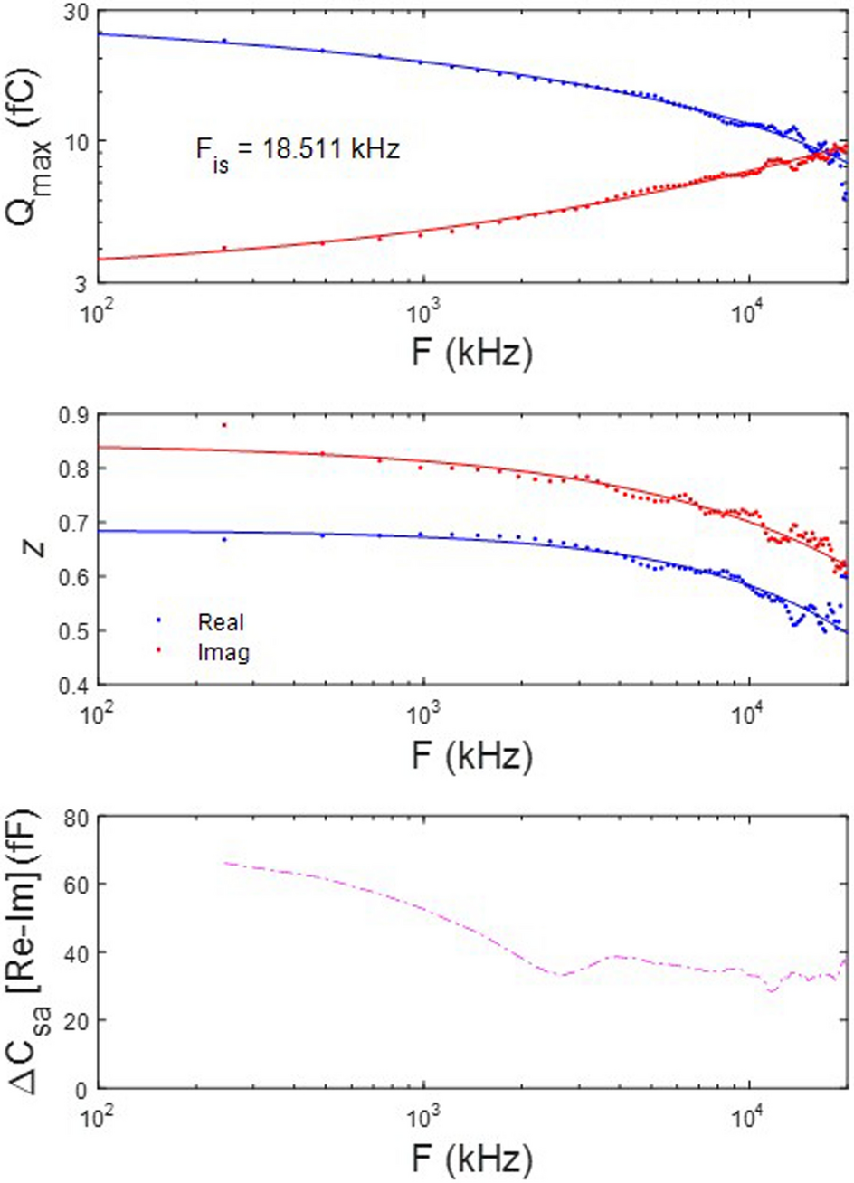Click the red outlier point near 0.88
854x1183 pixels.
click(x=224, y=425)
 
